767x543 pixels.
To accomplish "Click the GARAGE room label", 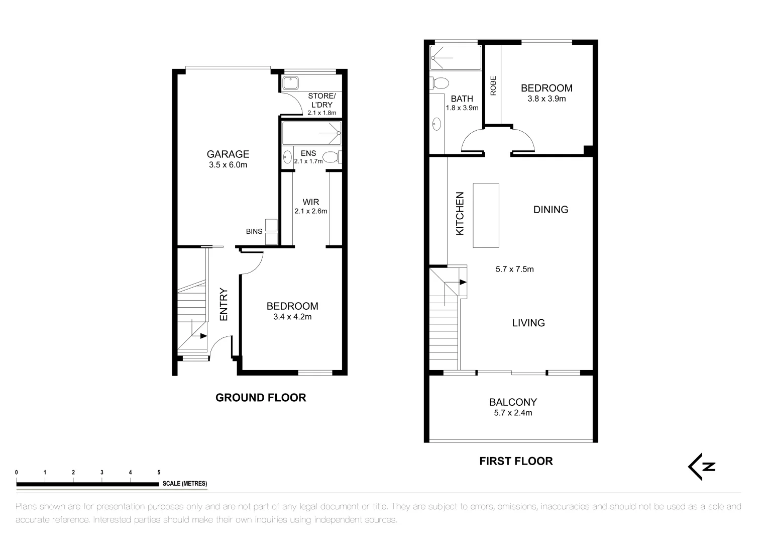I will tap(228, 154).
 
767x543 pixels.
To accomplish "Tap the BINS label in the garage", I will tap(254, 232).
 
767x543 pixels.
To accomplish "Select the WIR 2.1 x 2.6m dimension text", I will tap(310, 211).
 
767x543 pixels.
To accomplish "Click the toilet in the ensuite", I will tap(332, 157).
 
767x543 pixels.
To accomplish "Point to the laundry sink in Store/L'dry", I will tap(290, 83).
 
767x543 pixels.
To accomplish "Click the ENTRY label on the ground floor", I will tap(224, 304).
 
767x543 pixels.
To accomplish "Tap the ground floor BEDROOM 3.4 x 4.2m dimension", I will tap(292, 317).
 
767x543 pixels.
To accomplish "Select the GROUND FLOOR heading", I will tap(260, 398).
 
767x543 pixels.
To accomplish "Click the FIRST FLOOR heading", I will tap(516, 461).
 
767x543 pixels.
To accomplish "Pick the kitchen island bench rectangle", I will tap(486, 215).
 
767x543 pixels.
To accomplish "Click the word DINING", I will tap(551, 210).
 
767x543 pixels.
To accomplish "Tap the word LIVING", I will tap(528, 323).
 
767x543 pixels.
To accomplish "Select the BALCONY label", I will tap(513, 402).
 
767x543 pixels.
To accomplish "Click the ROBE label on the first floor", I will tap(493, 85).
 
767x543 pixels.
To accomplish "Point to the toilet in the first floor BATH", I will tap(440, 83).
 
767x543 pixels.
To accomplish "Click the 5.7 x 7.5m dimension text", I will tap(514, 269).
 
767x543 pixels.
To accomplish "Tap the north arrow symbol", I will tap(701, 467).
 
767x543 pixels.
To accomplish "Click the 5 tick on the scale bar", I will tap(159, 473).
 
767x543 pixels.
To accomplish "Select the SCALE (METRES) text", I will tap(184, 484).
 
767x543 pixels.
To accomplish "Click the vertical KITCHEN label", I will tap(460, 214).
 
